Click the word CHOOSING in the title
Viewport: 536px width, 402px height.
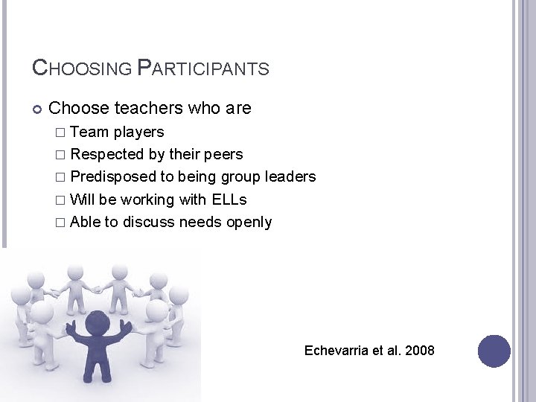(83, 68)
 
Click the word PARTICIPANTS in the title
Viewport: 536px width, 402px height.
(203, 68)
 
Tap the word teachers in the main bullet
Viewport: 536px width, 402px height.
(148, 109)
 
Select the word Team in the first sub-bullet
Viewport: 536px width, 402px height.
(89, 133)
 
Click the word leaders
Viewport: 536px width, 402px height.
(291, 177)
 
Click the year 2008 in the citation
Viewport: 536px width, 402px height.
(419, 350)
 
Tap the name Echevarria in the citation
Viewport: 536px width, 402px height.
(336, 350)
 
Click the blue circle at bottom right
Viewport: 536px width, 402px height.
(494, 351)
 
